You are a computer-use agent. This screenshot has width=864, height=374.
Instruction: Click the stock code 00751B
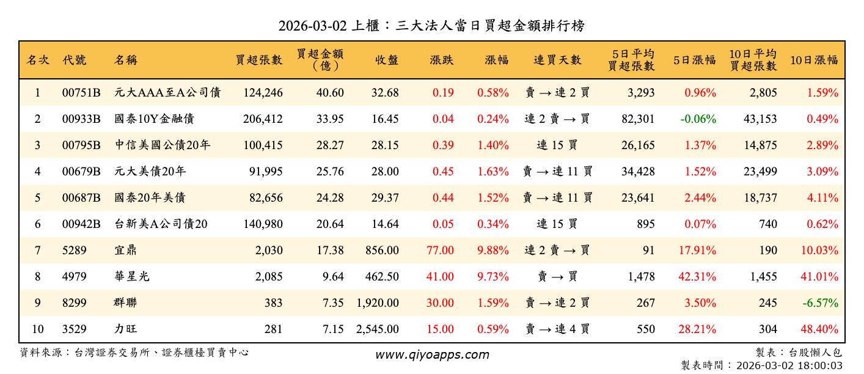81,93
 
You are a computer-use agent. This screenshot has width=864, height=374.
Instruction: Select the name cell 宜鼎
125,251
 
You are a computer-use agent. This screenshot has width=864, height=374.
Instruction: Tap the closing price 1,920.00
378,303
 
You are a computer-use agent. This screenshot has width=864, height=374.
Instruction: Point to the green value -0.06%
698,119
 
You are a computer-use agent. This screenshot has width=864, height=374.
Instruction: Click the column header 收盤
387,60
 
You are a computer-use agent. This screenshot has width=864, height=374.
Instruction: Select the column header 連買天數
557,60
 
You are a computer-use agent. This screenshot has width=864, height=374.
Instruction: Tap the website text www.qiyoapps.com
432,354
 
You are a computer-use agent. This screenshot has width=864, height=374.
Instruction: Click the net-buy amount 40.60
330,93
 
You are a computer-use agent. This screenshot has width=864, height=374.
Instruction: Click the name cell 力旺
125,329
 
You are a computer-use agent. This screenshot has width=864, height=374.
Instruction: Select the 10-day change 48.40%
819,329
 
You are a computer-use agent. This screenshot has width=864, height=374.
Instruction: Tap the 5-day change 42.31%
697,277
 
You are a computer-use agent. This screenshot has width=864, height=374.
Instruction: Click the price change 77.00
440,251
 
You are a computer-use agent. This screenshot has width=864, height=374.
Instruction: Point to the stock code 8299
73,303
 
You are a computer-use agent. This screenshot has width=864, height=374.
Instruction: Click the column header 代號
74,60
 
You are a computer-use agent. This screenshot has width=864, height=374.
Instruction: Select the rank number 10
37,329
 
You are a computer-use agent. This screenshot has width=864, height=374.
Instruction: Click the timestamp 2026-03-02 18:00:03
789,365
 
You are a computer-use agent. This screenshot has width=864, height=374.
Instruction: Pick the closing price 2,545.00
378,329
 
